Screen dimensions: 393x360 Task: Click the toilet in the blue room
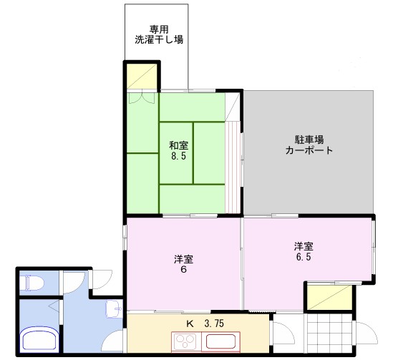pos(31,283)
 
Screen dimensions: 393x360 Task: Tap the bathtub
pos(40,339)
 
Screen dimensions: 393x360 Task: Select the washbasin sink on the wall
pos(114,308)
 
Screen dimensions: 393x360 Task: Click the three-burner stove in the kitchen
pos(186,341)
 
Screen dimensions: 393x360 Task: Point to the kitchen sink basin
pos(220,341)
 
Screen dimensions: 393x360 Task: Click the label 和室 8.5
pos(179,150)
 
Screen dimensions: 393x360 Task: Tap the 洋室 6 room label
pos(184,264)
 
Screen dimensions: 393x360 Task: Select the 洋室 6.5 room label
pos(304,251)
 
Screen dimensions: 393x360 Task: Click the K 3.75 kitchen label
pos(205,323)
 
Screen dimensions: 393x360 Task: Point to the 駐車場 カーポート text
pos(309,145)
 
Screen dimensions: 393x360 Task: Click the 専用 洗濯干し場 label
pos(159,34)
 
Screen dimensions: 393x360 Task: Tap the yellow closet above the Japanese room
pos(142,77)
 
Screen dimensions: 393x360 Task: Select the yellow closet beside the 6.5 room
pos(330,298)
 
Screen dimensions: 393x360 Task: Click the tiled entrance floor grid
pos(330,333)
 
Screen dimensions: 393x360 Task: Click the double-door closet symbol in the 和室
pos(142,98)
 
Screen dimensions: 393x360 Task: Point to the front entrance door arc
pos(367,333)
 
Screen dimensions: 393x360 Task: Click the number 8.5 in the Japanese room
pos(179,156)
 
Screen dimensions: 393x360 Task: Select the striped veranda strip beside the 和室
pos(233,167)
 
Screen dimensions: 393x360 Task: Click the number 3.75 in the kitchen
pos(214,323)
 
